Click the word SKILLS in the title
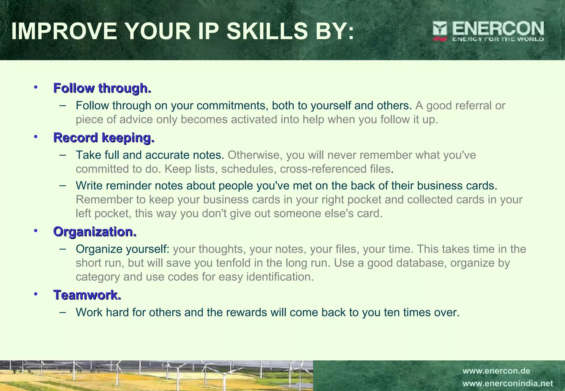tap(267, 31)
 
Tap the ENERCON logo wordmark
tap(498, 28)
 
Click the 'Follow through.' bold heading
tap(102, 88)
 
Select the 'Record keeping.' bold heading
tap(104, 138)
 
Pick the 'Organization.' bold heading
tap(95, 232)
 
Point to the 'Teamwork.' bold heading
tap(87, 295)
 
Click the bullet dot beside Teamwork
tap(35, 294)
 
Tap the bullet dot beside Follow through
tap(35, 87)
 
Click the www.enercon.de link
tap(496, 371)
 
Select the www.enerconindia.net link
tap(508, 384)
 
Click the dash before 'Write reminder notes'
tap(63, 186)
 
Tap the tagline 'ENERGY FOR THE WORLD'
tap(498, 39)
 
